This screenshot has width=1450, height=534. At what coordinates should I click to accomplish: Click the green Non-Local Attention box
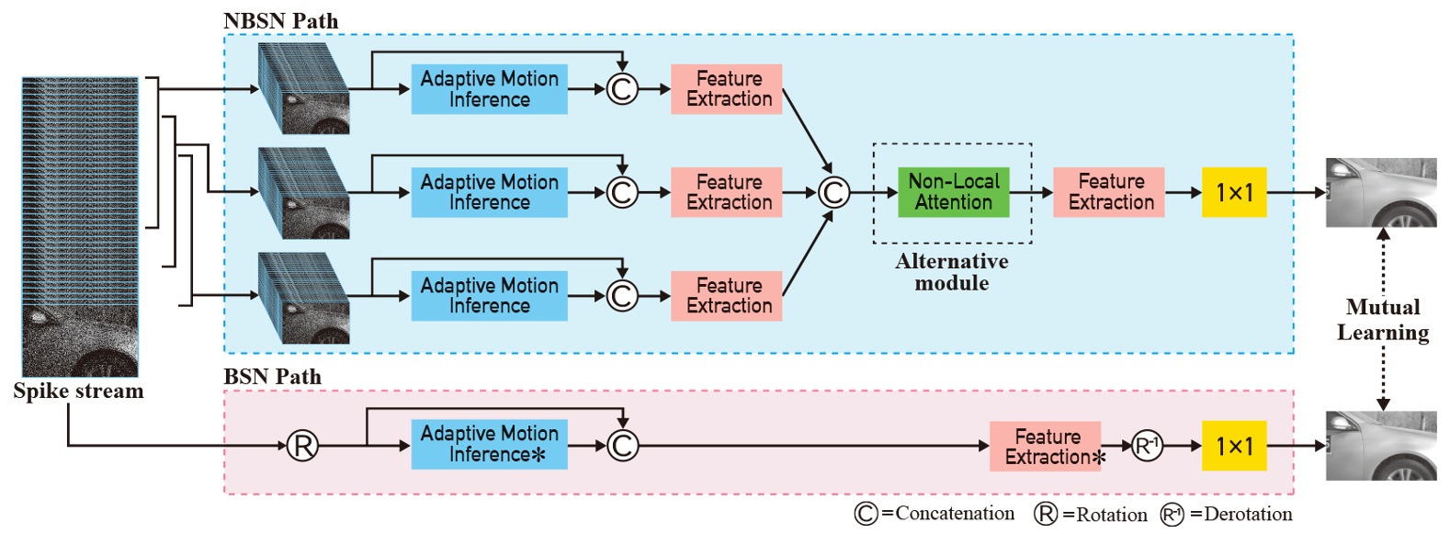click(953, 192)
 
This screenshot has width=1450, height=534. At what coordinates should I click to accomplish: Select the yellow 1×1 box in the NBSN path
click(1233, 192)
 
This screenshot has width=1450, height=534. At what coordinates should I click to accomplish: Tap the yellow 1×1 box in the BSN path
click(1233, 446)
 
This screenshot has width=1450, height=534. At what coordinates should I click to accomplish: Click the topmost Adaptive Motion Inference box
click(489, 89)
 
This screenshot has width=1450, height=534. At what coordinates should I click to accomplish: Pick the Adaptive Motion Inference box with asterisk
click(489, 444)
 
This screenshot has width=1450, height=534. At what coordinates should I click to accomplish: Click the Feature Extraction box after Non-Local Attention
click(1108, 192)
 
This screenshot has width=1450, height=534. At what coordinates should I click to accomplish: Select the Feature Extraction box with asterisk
click(1047, 446)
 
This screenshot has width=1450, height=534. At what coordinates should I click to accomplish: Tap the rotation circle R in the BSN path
click(302, 446)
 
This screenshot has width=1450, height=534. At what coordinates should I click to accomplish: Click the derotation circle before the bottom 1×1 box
click(1146, 446)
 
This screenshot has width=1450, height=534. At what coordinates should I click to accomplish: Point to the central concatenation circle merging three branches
click(833, 192)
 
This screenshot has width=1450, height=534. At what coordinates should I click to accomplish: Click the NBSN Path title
click(280, 20)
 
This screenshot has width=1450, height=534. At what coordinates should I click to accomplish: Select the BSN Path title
click(272, 376)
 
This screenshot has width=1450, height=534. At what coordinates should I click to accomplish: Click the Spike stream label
click(78, 391)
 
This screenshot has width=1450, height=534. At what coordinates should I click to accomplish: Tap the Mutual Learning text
click(1382, 320)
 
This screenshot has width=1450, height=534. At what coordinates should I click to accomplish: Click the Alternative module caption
click(952, 272)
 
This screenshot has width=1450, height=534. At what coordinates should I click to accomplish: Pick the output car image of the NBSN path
click(1380, 192)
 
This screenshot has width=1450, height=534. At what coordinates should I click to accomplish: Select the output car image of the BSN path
click(1380, 446)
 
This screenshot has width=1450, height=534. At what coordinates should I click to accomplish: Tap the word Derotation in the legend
click(1247, 515)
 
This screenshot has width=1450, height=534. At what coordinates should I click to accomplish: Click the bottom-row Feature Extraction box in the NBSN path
click(726, 296)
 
